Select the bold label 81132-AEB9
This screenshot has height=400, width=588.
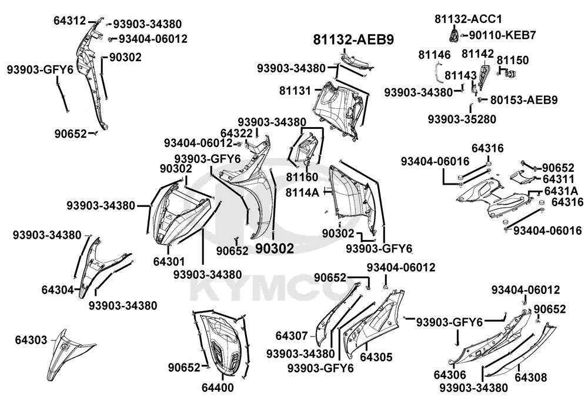point(353,39)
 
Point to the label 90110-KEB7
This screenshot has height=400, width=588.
point(503,35)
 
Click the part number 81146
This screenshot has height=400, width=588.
point(435,55)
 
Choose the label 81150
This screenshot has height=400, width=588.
point(513,60)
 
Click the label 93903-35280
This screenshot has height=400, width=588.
point(462,119)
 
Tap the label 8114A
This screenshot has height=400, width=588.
point(303,192)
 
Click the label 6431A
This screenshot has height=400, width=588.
point(560,191)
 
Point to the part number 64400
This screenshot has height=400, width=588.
point(218,388)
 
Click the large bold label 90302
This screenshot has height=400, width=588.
point(275,249)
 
